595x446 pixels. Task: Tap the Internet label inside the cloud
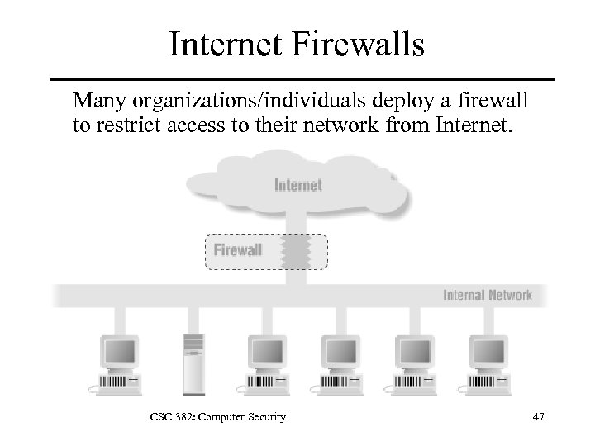point(297,185)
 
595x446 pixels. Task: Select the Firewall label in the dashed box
point(238,249)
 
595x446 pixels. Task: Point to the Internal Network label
point(488,295)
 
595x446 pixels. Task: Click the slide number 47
point(538,418)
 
